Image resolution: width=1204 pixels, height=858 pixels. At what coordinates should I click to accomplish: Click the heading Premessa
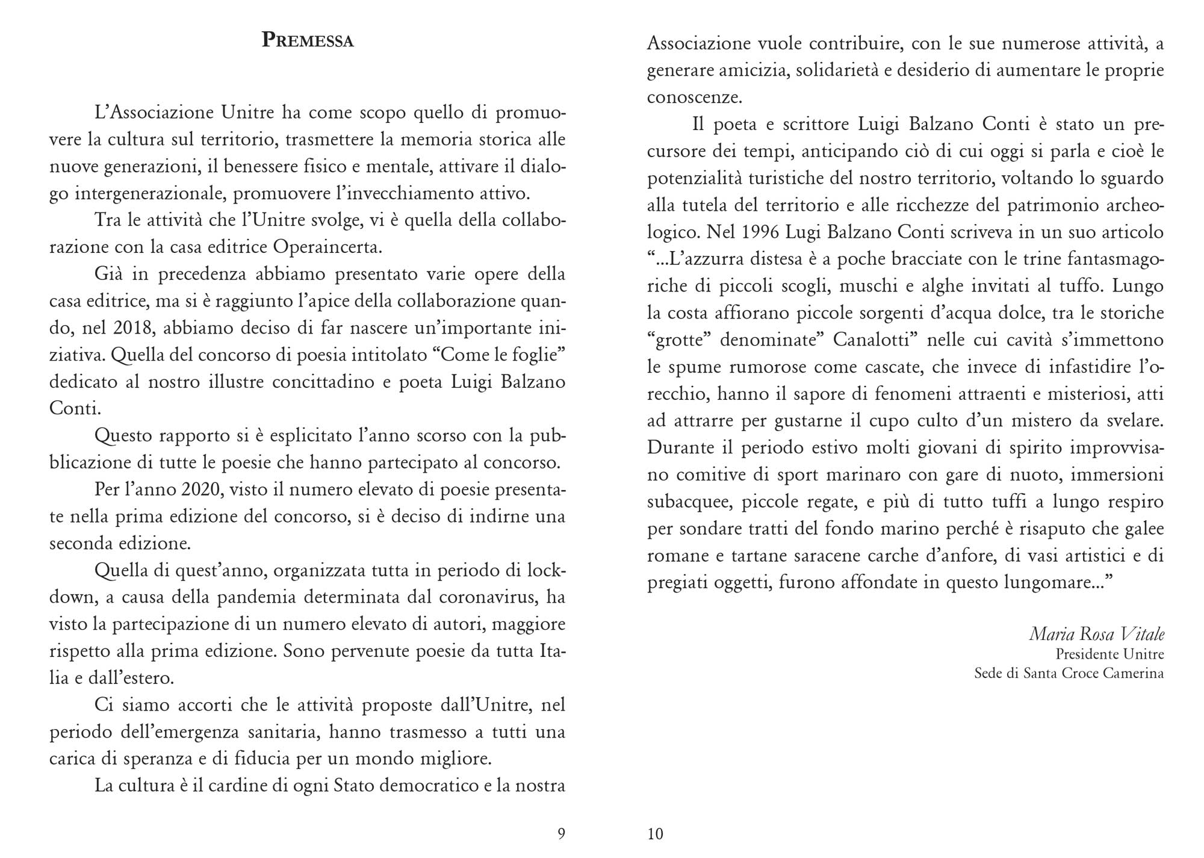pyautogui.click(x=308, y=41)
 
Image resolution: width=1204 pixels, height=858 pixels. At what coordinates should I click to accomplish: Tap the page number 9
pyautogui.click(x=561, y=833)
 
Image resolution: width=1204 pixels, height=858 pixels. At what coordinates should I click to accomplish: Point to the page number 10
pyautogui.click(x=655, y=833)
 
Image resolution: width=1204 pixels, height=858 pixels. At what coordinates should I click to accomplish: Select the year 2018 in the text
pyautogui.click(x=132, y=328)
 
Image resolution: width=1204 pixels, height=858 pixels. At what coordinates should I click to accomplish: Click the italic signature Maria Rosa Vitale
pyautogui.click(x=1096, y=634)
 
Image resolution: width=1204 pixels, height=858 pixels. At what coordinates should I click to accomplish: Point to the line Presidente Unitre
pyautogui.click(x=1109, y=654)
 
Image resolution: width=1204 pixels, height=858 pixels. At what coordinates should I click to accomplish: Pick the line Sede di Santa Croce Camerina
pyautogui.click(x=1069, y=673)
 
